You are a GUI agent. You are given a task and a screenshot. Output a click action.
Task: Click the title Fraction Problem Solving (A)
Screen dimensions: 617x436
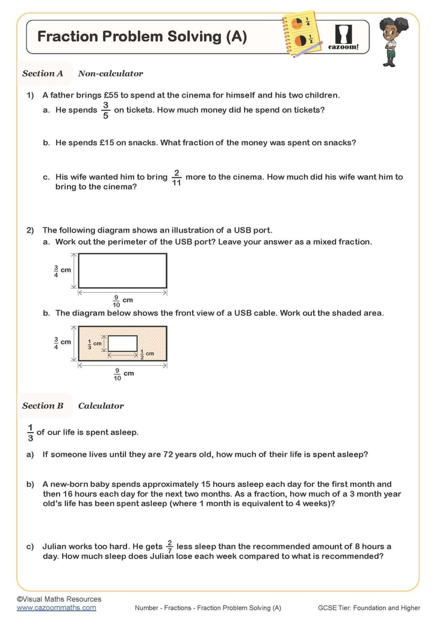(142, 37)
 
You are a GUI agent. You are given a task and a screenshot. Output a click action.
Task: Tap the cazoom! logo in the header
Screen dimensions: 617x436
(343, 36)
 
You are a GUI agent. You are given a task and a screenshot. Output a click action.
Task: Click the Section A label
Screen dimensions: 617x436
(43, 74)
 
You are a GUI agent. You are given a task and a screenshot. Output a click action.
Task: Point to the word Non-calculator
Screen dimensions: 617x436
(111, 74)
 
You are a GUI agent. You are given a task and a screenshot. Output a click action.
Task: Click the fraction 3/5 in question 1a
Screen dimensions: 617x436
(105, 110)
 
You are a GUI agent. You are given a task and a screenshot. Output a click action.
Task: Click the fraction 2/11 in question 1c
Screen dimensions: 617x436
(176, 177)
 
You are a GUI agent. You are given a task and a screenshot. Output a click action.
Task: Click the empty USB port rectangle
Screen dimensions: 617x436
(122, 271)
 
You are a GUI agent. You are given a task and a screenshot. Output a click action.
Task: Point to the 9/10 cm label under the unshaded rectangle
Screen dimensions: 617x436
(121, 300)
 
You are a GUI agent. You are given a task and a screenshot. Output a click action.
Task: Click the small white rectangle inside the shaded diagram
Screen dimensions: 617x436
(122, 343)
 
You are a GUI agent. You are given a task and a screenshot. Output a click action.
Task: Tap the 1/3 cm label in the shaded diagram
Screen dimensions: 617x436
(94, 343)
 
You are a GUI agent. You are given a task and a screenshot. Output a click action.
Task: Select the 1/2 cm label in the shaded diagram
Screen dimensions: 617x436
(146, 354)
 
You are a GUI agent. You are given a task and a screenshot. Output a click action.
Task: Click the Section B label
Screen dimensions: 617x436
(43, 406)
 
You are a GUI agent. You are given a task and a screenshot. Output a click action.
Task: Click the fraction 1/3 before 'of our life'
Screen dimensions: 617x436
(30, 433)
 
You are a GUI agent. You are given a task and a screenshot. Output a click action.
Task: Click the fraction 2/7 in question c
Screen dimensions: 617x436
(170, 547)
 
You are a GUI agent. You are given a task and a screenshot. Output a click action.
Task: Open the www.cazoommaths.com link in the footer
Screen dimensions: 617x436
(56, 608)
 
